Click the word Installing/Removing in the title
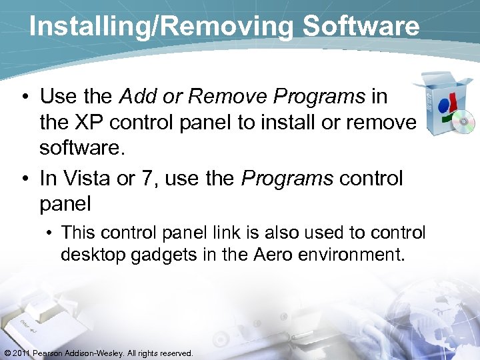[161, 27]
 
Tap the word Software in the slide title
[361, 27]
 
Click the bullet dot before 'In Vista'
[25, 179]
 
